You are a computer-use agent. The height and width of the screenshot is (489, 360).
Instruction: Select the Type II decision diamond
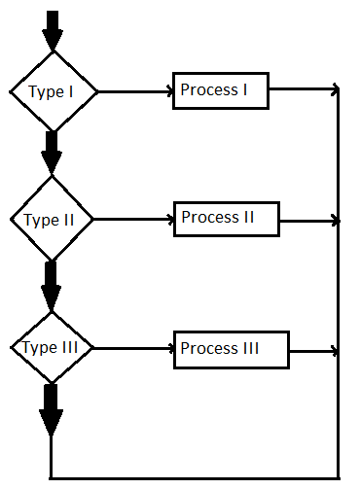point(53,219)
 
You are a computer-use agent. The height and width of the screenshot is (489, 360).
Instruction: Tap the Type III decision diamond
point(53,347)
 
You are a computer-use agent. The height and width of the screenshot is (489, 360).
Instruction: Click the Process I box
point(220,90)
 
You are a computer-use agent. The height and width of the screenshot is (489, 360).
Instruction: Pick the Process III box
point(231,349)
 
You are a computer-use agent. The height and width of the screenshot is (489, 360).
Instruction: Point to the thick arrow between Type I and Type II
point(53,152)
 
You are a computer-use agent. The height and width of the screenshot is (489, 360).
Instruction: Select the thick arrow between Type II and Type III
point(53,282)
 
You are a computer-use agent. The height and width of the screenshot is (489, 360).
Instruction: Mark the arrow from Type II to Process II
point(134,219)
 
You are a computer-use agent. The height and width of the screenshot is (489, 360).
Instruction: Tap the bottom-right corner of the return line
point(338,477)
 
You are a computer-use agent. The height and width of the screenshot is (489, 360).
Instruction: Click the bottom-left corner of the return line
point(51,477)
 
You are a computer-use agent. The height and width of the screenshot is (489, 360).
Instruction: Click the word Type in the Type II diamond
point(40,220)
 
